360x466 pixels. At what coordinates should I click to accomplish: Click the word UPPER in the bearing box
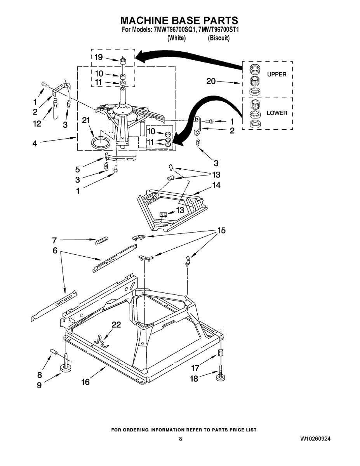[x=277, y=75]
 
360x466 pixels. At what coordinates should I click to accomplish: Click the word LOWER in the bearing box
[x=277, y=113]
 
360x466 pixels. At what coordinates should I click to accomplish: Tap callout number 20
[x=211, y=81]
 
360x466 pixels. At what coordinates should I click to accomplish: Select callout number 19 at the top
[x=99, y=57]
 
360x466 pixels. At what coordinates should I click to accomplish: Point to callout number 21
[x=86, y=121]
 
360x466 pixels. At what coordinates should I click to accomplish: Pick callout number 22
[x=116, y=325]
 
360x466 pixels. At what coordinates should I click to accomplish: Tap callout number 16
[x=85, y=382]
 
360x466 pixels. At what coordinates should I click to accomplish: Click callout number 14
[x=216, y=185]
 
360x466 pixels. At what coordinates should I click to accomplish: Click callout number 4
[x=35, y=143]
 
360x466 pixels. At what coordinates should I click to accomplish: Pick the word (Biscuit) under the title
[x=219, y=38]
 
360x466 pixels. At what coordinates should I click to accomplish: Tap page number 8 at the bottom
[x=180, y=439]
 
